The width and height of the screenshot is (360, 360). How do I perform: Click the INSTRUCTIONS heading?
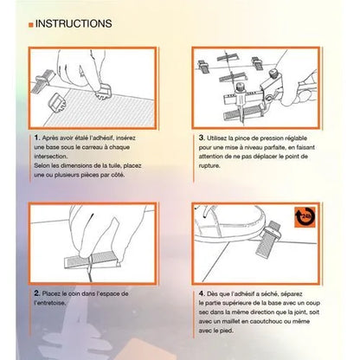pyautogui.click(x=74, y=23)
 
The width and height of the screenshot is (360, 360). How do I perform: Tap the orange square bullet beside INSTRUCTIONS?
pyautogui.click(x=31, y=25)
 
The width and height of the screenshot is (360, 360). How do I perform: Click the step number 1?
pyautogui.click(x=37, y=138)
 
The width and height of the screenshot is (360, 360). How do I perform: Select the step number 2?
pyautogui.click(x=37, y=293)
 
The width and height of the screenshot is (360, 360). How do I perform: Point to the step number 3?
pyautogui.click(x=202, y=138)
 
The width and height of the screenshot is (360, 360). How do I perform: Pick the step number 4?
pyautogui.click(x=202, y=293)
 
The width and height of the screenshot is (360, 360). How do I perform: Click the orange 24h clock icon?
pyautogui.click(x=305, y=217)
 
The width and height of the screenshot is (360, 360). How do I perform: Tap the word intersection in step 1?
pyautogui.click(x=50, y=157)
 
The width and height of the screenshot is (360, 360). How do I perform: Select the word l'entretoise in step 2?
pyautogui.click(x=50, y=303)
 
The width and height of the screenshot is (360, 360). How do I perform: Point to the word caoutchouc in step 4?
pyautogui.click(x=265, y=321)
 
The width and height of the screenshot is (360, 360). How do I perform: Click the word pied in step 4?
pyautogui.click(x=227, y=331)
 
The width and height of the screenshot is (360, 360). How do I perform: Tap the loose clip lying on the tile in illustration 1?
pyautogui.click(x=58, y=101)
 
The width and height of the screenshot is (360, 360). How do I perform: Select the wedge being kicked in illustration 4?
pyautogui.click(x=268, y=239)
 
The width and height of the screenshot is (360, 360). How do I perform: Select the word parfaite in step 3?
pyautogui.click(x=273, y=147)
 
